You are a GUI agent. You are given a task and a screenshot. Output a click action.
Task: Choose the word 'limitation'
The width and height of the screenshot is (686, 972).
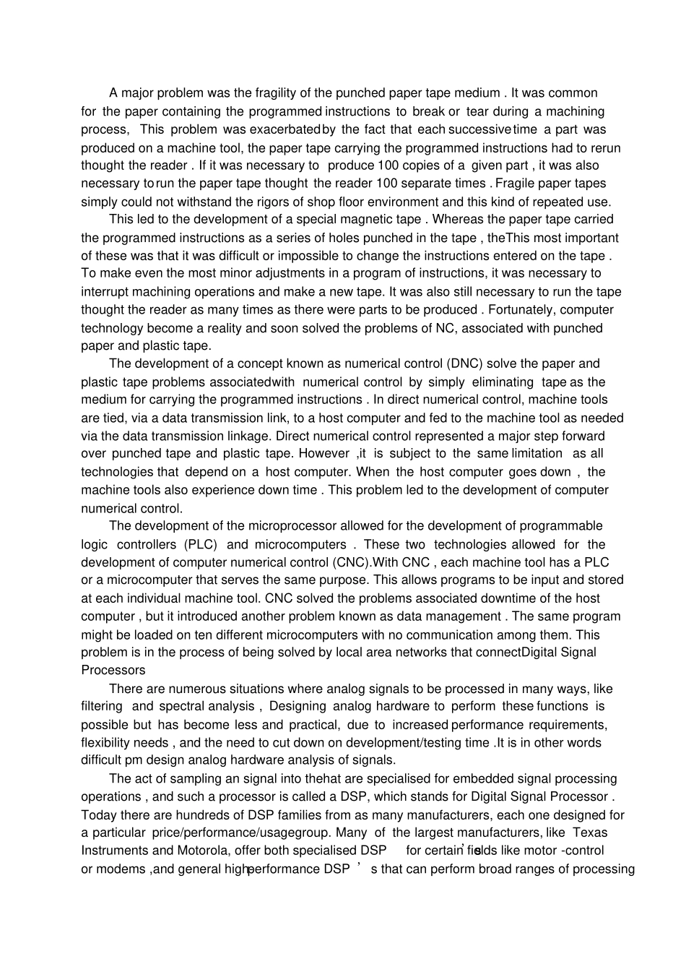click(537, 454)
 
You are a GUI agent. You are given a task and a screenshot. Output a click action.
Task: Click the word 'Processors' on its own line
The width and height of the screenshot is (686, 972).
click(113, 670)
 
